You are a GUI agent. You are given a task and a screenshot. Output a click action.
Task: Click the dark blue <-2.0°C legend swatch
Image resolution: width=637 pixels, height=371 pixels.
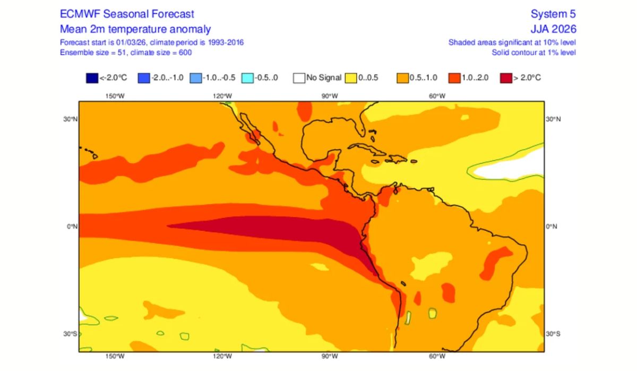92,78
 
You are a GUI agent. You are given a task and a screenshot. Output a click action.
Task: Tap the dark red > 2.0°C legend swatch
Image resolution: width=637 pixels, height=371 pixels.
505,78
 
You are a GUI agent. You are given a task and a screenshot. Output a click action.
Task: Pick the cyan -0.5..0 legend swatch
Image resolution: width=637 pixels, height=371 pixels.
247,78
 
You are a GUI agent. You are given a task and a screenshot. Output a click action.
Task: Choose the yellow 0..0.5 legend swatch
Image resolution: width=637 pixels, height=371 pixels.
350,78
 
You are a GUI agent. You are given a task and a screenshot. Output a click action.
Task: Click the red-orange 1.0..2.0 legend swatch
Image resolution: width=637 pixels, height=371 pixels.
454,78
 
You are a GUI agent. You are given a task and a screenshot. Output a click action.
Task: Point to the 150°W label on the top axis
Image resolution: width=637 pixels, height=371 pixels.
115,96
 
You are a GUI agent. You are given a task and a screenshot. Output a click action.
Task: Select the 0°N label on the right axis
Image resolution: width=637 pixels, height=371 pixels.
552,226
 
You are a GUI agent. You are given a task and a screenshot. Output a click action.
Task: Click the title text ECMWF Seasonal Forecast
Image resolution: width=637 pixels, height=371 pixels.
127,14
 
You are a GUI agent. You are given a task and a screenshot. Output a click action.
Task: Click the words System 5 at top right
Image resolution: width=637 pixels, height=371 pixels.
553,14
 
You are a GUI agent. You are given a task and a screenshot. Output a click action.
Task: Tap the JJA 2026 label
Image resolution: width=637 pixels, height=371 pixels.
553,29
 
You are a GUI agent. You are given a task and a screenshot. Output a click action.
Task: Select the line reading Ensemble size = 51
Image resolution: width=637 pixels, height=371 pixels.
125,52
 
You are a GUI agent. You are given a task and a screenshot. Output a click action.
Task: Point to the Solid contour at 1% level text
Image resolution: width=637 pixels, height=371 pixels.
533,52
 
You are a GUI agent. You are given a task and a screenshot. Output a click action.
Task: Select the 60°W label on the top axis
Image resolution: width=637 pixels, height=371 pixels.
436,96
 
